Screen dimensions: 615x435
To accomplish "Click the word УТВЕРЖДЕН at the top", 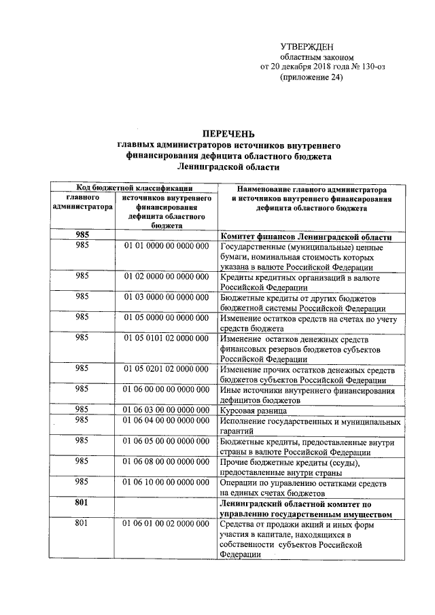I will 307,46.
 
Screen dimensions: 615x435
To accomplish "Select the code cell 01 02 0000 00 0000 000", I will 166,277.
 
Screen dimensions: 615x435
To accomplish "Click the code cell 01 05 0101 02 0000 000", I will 166,338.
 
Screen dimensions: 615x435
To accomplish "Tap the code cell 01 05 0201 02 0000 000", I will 166,368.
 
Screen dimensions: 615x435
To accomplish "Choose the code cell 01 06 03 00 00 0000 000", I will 166,410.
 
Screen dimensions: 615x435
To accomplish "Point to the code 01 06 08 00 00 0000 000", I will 166,462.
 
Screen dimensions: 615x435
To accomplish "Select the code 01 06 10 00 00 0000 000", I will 166,482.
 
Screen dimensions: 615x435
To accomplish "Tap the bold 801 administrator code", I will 82,504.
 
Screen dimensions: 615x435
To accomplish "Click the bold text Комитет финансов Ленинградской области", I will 307,236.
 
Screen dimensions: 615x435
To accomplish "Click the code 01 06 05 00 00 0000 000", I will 166,441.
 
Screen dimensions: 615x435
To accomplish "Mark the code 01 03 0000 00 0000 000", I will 166,297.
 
